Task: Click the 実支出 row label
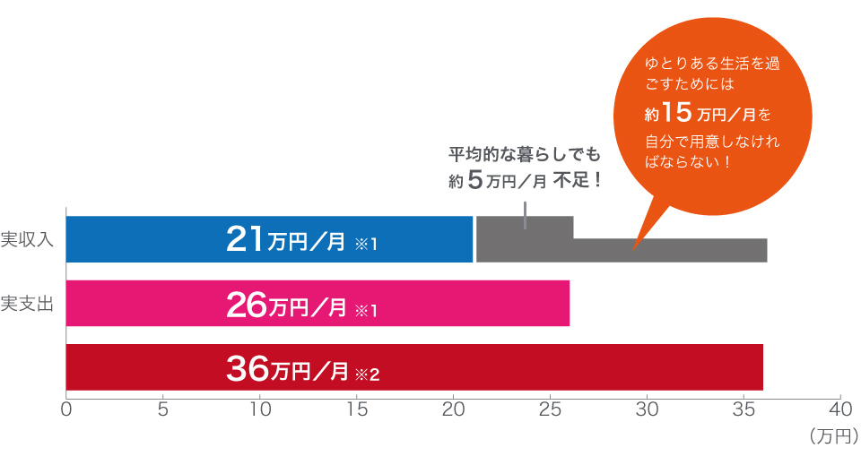(x=28, y=303)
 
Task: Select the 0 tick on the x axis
(x=66, y=410)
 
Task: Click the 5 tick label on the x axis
(x=163, y=410)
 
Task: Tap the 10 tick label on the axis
(x=259, y=410)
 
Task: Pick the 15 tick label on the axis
(x=356, y=410)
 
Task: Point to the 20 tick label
(x=453, y=410)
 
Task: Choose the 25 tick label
(x=550, y=410)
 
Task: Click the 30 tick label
(x=647, y=410)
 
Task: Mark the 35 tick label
(x=743, y=410)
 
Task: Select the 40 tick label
(x=839, y=410)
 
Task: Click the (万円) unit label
(x=833, y=436)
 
